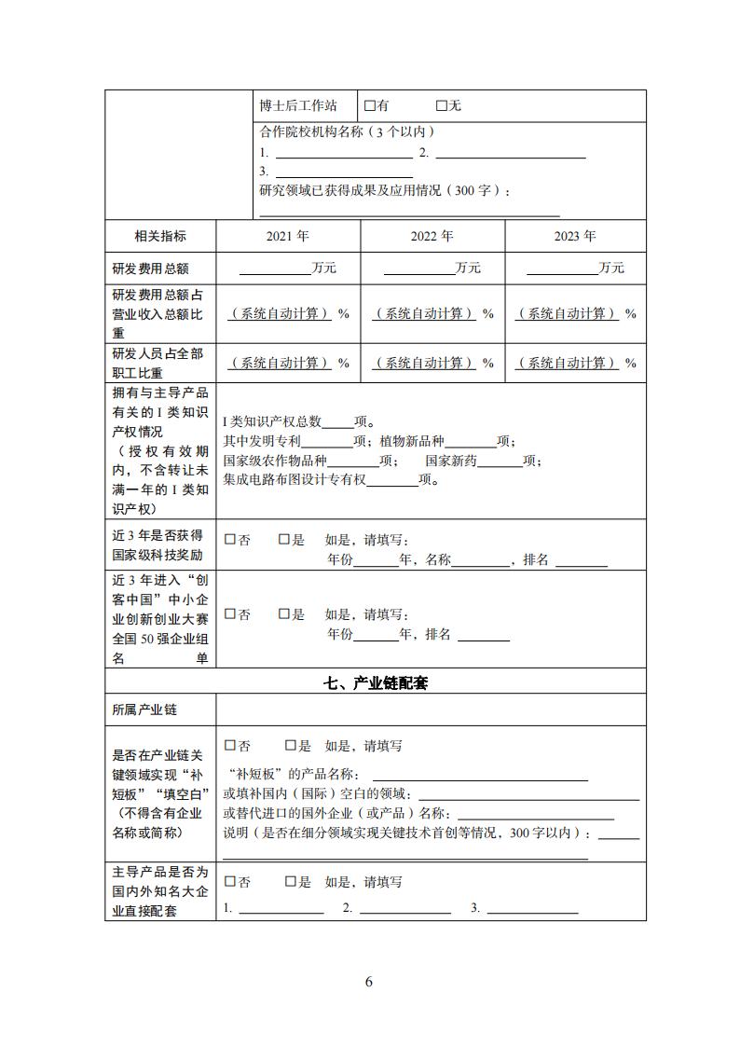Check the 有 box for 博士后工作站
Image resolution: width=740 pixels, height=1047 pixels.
[369, 106]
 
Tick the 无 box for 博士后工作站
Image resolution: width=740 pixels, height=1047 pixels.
[442, 106]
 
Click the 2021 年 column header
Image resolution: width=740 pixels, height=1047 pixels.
[287, 236]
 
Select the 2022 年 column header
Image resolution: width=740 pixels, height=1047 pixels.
[432, 236]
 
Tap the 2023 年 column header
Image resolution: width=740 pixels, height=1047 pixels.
[575, 236]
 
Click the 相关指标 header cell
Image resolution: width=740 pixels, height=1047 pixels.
[160, 236]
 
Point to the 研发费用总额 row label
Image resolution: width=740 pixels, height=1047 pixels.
[150, 269]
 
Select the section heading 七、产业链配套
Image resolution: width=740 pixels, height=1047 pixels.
[375, 683]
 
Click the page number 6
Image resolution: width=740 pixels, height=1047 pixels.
[369, 982]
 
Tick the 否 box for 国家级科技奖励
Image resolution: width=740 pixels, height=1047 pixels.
[230, 539]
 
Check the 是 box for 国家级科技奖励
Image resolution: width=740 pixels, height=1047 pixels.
[284, 539]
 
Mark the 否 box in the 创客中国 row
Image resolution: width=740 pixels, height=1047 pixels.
[230, 614]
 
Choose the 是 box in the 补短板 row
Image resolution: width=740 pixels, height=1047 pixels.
[291, 746]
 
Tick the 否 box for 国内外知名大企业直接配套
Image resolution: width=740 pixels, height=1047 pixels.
[230, 882]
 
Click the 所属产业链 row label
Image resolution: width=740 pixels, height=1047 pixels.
[144, 710]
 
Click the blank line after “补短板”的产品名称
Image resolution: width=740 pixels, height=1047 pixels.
[480, 777]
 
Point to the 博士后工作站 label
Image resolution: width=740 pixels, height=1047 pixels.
[298, 106]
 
